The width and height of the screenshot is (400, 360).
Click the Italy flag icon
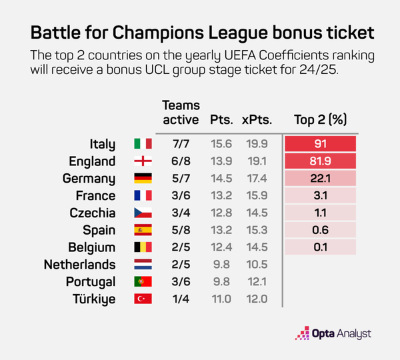tap(143, 144)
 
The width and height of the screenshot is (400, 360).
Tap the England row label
tap(93, 161)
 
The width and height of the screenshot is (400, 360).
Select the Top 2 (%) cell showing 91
tap(320, 144)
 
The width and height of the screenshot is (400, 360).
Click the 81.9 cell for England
tap(320, 161)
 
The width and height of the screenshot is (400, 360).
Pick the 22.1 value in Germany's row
tap(320, 179)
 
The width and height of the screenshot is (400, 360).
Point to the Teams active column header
tap(181, 113)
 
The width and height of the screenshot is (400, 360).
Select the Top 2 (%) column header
tap(320, 120)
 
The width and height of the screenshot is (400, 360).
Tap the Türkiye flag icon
tap(143, 299)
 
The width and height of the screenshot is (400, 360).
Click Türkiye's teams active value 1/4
tap(181, 299)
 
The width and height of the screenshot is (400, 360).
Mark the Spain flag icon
tap(143, 230)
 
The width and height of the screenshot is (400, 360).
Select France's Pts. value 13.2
tap(221, 196)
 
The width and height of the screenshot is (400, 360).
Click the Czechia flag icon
tap(143, 213)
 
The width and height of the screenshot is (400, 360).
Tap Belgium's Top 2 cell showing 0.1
tap(320, 247)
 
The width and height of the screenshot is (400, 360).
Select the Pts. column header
tap(221, 120)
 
